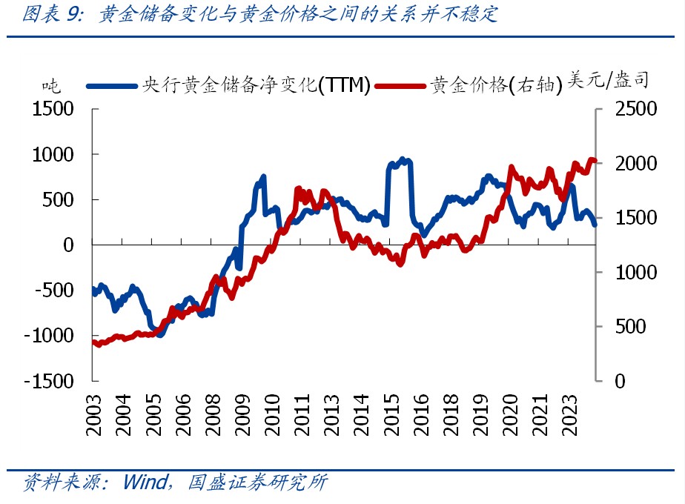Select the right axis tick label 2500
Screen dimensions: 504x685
636,109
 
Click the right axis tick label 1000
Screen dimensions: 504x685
636,272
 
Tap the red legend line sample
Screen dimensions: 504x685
400,85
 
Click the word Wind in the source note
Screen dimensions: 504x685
145,483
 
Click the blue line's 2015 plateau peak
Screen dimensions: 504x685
402,159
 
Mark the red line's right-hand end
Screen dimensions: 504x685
595,161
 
